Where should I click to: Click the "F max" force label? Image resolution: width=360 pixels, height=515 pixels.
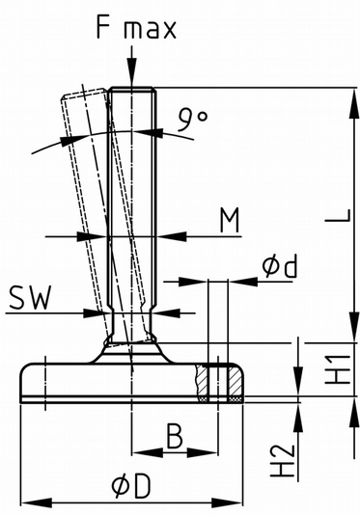136,28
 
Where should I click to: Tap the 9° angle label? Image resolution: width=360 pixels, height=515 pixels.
193,119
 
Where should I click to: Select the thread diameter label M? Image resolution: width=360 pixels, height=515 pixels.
230,221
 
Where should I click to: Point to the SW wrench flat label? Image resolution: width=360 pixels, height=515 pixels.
30,298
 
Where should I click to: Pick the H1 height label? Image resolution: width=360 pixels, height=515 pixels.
339,369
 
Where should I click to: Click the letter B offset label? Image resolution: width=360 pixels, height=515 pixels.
174,436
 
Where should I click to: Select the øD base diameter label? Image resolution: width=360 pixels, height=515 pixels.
131,485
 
